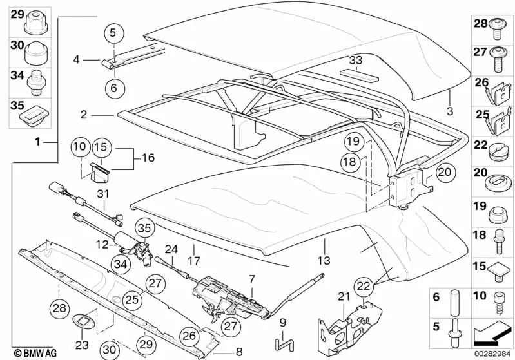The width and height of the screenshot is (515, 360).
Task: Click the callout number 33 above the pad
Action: (x=356, y=60)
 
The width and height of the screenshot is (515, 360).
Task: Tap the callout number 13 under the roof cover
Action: (x=324, y=260)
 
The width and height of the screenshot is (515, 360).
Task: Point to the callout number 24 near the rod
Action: (x=170, y=248)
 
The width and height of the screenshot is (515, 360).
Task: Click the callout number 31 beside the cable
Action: (x=103, y=193)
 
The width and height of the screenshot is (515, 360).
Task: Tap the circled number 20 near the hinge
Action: (x=445, y=171)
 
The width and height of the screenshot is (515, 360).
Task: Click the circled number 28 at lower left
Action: (x=59, y=309)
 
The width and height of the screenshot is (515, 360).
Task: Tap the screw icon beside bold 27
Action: (x=498, y=60)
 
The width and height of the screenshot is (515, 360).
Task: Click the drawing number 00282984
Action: (x=494, y=353)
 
